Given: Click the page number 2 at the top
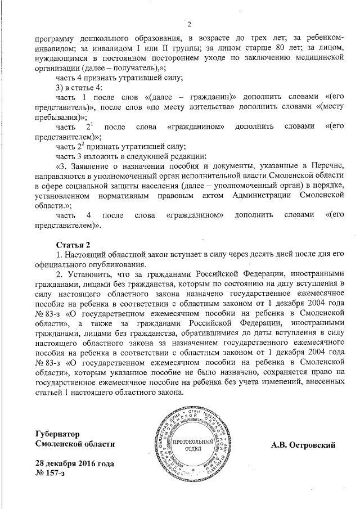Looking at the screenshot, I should (x=189, y=24).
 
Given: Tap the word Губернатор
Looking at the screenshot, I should (x=56, y=434).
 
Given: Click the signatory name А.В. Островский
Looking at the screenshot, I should (x=303, y=445).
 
